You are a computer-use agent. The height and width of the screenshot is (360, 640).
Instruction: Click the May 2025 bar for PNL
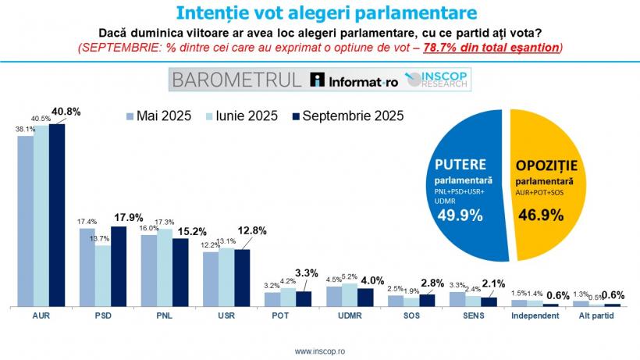pos(149,269)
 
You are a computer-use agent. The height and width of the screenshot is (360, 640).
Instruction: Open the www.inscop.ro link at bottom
pos(320,351)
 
